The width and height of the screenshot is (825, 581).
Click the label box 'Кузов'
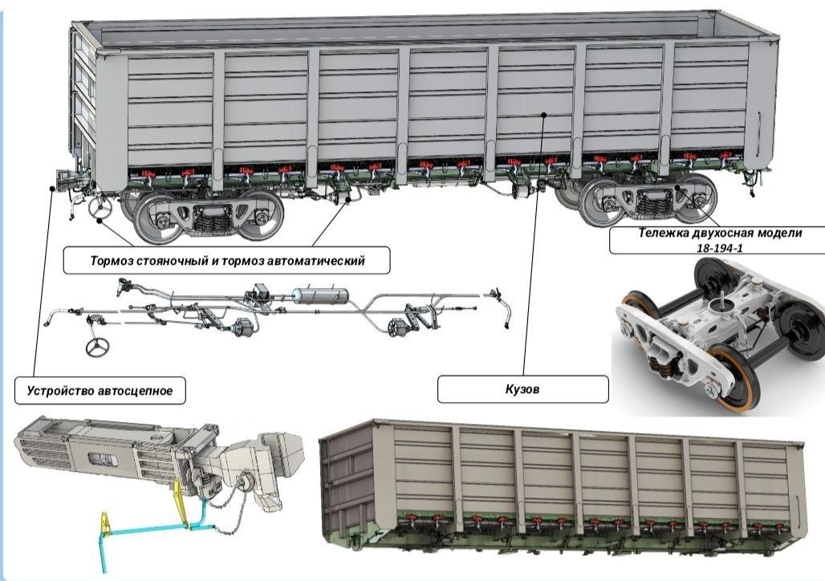coord(523,389)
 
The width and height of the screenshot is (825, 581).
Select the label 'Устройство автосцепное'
coord(100,391)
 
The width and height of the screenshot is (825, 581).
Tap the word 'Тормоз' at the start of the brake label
coord(112,261)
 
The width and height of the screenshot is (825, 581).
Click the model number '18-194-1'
coord(720,248)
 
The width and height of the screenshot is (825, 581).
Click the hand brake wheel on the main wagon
coord(100,207)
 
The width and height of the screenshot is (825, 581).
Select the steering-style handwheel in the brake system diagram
coord(97,347)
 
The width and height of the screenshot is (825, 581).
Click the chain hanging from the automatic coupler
coord(227,506)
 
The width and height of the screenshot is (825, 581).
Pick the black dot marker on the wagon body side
coord(544,114)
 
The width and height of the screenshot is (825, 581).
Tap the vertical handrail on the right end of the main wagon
coord(758,133)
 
